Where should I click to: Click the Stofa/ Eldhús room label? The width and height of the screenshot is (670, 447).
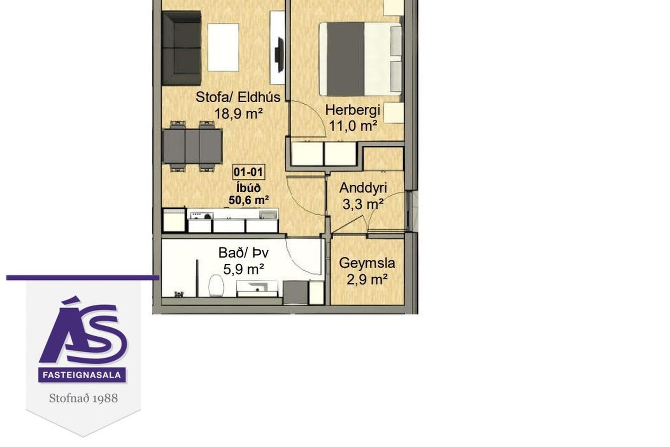tap(238, 97)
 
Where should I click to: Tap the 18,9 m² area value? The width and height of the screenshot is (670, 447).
tap(238, 113)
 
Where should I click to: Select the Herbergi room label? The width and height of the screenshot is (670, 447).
tap(352, 110)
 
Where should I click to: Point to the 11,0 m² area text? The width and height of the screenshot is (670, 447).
tap(353, 126)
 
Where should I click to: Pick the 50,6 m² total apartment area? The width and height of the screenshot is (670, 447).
tap(249, 200)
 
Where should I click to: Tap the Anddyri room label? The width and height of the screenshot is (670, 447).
tap(363, 188)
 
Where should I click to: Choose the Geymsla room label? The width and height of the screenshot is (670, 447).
tap(367, 263)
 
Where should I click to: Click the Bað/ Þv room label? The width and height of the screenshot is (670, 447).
tap(244, 253)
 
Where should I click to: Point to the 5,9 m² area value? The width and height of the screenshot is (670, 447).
tap(244, 269)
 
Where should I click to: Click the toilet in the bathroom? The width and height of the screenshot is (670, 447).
tap(216, 286)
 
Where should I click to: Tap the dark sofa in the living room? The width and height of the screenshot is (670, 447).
tap(181, 48)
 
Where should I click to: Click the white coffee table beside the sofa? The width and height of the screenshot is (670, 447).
tap(223, 47)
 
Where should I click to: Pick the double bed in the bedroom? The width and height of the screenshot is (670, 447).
tap(360, 59)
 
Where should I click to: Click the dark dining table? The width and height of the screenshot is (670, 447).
tap(193, 146)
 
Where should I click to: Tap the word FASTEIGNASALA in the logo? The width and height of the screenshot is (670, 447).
tap(82, 375)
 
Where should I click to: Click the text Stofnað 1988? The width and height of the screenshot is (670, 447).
tap(83, 398)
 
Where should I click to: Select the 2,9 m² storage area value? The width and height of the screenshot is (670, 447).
tap(367, 279)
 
